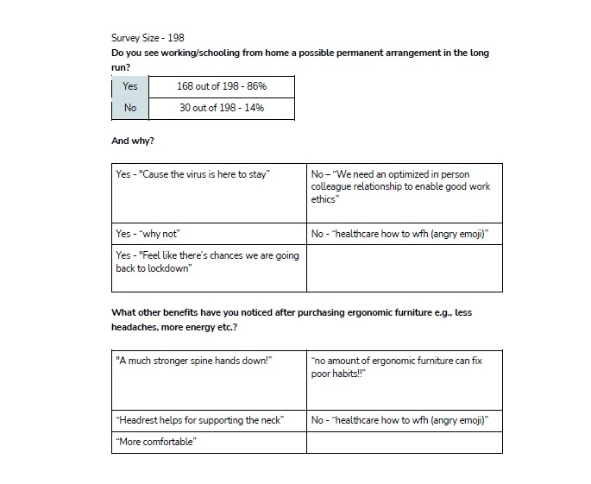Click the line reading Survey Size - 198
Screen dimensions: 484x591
(x=148, y=38)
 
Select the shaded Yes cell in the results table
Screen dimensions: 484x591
(x=129, y=86)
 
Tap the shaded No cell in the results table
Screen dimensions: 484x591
(x=129, y=108)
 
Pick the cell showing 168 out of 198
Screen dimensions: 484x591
(x=222, y=86)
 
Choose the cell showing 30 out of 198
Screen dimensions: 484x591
(x=222, y=108)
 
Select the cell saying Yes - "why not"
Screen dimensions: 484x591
(x=208, y=234)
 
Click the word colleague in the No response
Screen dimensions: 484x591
(x=332, y=186)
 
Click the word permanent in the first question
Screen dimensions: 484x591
(x=355, y=53)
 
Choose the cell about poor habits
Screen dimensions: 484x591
(x=404, y=380)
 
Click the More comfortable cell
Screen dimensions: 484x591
(x=208, y=443)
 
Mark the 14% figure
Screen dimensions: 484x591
(x=253, y=108)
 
